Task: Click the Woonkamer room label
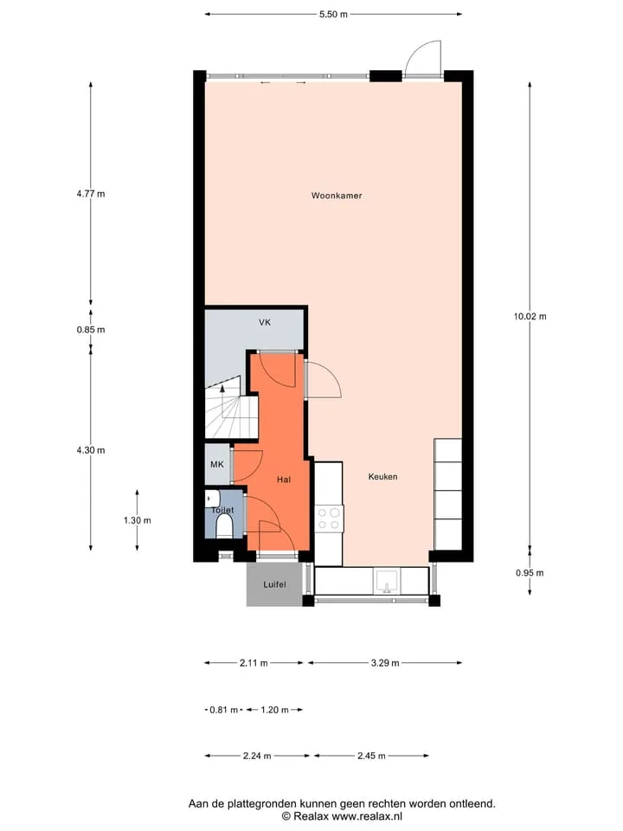[x=337, y=196]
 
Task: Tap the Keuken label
[x=382, y=477]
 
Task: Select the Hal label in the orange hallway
[x=284, y=480]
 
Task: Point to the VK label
[x=265, y=322]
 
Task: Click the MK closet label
[x=216, y=465]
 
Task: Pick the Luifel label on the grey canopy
[x=274, y=584]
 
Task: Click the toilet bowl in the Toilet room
[x=224, y=528]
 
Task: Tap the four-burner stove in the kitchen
[x=329, y=519]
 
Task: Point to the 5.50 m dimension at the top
[x=333, y=15]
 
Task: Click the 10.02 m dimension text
[x=530, y=317]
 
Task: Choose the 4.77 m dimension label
[x=91, y=194]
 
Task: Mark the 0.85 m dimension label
[x=91, y=330]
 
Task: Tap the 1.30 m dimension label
[x=138, y=520]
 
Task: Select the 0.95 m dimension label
[x=530, y=573]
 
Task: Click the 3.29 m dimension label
[x=385, y=663]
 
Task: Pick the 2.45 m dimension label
[x=371, y=757]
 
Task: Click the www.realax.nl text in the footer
[x=367, y=816]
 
